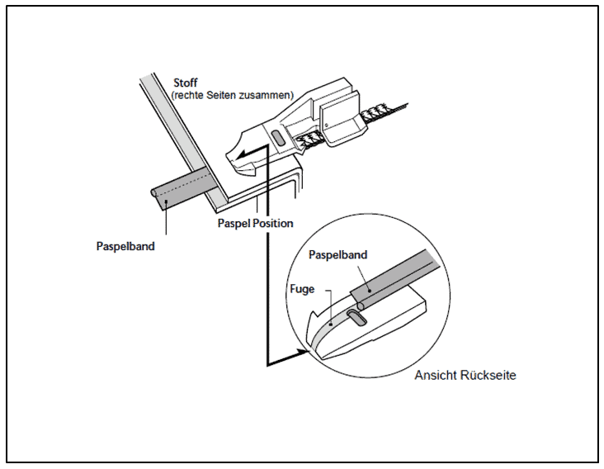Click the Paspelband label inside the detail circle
point(338,256)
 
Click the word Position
point(275,223)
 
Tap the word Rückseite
point(490,376)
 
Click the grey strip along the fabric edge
point(177,132)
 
